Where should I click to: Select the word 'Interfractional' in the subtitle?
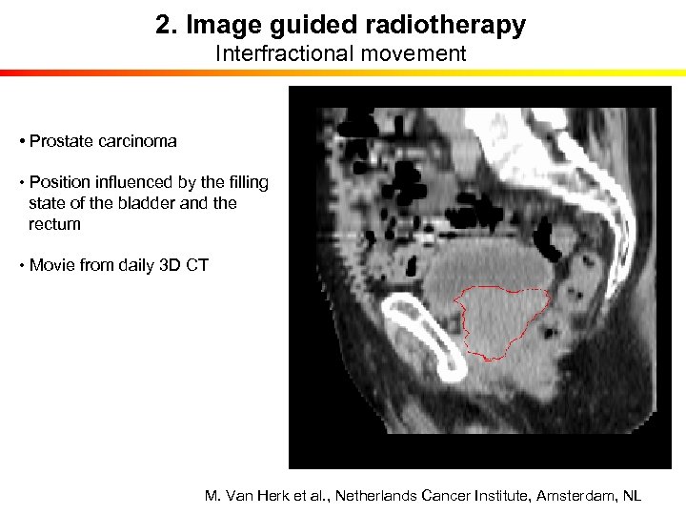click(x=272, y=53)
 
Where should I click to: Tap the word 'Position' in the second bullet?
click(x=59, y=182)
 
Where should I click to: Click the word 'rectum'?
click(x=55, y=224)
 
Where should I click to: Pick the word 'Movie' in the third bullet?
click(x=52, y=265)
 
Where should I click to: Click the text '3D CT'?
click(x=185, y=265)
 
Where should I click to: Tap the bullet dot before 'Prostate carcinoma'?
click(x=20, y=142)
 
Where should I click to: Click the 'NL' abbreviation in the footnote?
click(x=632, y=496)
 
